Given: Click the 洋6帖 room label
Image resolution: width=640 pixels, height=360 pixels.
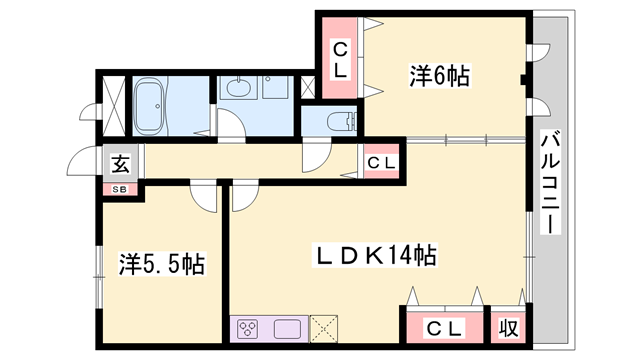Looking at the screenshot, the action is tap(440, 76).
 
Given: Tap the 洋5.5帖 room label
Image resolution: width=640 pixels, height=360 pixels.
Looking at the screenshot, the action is tap(162, 264).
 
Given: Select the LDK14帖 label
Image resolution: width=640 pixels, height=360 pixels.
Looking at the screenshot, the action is tap(375, 255).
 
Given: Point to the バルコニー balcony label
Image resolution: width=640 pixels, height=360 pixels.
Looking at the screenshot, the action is tap(550, 182).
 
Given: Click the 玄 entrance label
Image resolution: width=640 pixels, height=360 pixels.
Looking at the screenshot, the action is tap(121, 164).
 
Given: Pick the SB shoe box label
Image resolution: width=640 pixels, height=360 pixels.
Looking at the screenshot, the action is tap(120, 189).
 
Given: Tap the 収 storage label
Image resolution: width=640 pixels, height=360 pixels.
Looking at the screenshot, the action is tap(509, 328).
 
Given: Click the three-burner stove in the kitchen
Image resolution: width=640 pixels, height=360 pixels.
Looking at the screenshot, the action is tap(249, 329).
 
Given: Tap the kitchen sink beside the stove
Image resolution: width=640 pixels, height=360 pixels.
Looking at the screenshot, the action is tap(287, 329).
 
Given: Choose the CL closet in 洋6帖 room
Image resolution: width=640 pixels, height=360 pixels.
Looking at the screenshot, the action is tap(340, 58).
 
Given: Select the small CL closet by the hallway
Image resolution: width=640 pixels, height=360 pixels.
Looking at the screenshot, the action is tap(381, 162).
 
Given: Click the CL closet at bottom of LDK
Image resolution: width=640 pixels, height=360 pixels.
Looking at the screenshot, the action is tap(445, 327).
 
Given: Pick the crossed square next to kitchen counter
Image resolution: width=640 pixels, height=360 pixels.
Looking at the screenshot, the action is tap(324, 329).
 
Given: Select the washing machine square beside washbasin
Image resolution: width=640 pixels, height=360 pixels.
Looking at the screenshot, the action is tap(276, 87).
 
